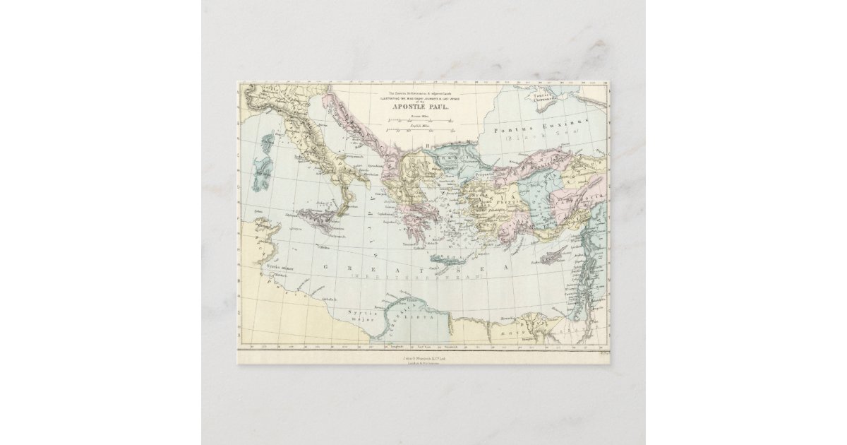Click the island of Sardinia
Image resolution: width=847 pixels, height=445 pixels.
click(x=263, y=170)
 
